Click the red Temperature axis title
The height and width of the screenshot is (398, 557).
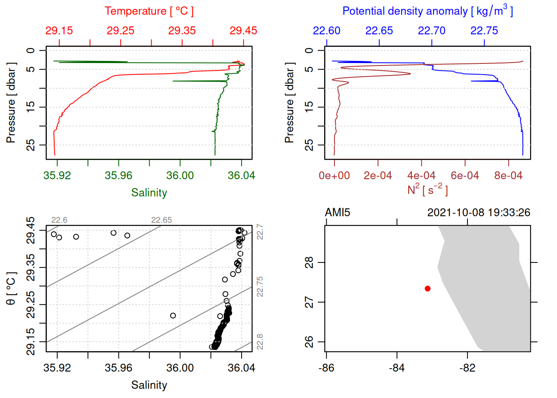[x=149, y=11]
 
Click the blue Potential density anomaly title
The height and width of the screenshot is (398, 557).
[x=427, y=11]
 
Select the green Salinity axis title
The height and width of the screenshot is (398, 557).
[x=149, y=193]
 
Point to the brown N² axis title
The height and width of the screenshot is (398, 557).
[x=427, y=189]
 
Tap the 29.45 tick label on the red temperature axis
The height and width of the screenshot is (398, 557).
[x=243, y=31]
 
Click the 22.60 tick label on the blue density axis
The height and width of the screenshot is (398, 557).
[x=327, y=31]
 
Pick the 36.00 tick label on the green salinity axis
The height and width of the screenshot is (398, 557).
[x=180, y=176]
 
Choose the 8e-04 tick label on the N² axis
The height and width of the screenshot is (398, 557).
[x=508, y=176]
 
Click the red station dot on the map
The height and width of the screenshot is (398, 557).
[x=428, y=289]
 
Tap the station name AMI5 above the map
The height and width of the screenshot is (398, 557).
[x=337, y=213]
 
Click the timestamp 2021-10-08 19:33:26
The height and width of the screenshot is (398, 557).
[x=479, y=213]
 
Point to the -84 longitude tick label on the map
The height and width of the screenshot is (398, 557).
[x=397, y=368]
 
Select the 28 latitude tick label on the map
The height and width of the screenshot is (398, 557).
[x=309, y=262]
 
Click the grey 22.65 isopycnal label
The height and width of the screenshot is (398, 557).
[x=161, y=220]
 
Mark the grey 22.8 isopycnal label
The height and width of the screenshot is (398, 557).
[x=260, y=342]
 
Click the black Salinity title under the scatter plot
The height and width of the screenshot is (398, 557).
[x=149, y=385]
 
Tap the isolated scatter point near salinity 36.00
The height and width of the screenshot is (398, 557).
[x=173, y=315]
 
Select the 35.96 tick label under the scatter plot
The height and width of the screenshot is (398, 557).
[x=119, y=368]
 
